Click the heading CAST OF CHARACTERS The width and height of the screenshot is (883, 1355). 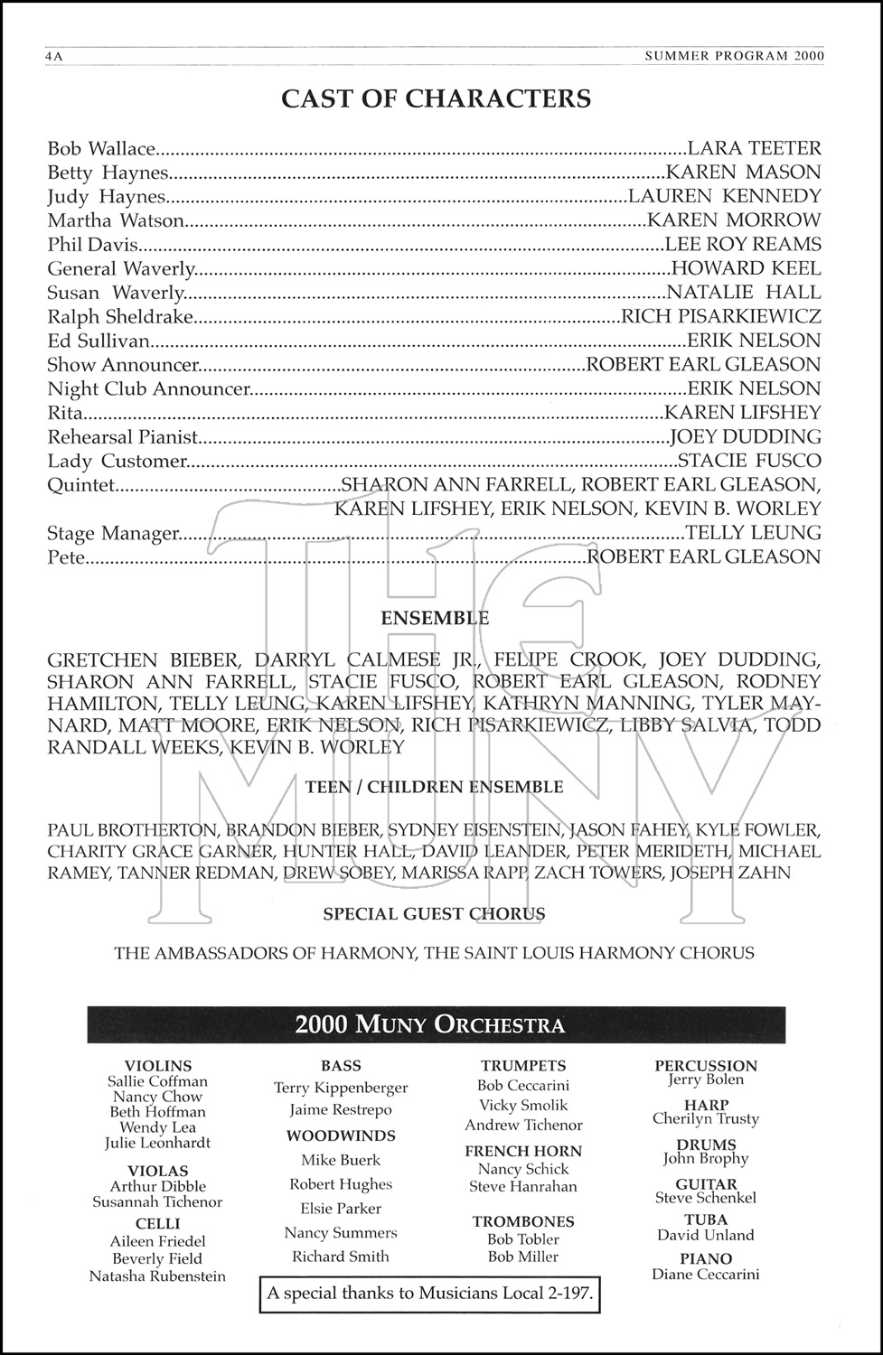coord(436,98)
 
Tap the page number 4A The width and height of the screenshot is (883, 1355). coord(56,56)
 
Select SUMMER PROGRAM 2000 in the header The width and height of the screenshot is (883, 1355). coord(735,56)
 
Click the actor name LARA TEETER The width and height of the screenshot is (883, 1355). coord(754,148)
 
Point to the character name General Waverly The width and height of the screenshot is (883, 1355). coord(121,268)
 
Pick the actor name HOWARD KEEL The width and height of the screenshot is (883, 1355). coord(747,268)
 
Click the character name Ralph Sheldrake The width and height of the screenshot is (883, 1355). coord(120,316)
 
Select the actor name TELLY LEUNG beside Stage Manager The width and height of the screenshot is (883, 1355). coord(754,533)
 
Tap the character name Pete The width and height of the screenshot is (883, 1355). coord(66,557)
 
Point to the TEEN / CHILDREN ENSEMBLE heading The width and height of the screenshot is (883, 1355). coord(434,787)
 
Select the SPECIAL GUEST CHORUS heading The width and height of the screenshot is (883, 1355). coord(434,914)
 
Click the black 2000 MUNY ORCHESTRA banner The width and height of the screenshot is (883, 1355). coord(430,1024)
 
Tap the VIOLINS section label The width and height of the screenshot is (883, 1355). coord(158,1066)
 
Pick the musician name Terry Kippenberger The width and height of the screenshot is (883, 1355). coord(341,1089)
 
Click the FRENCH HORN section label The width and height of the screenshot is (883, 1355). coord(523,1151)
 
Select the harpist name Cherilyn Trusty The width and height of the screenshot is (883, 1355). coord(706,1119)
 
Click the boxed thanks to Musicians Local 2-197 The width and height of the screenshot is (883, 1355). coord(430,1293)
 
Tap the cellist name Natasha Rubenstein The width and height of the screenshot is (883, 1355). coord(157,1276)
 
